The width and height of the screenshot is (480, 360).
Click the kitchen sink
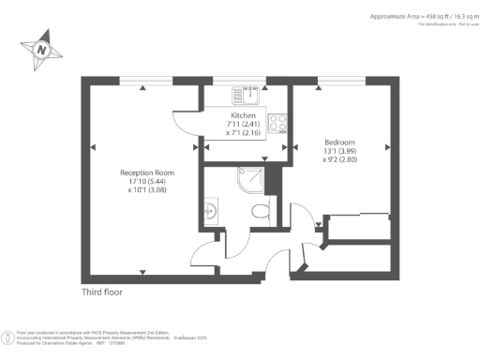click(248, 95)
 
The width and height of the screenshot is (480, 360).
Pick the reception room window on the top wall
click(142, 79)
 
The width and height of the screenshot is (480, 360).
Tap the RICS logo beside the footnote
click(9, 335)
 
